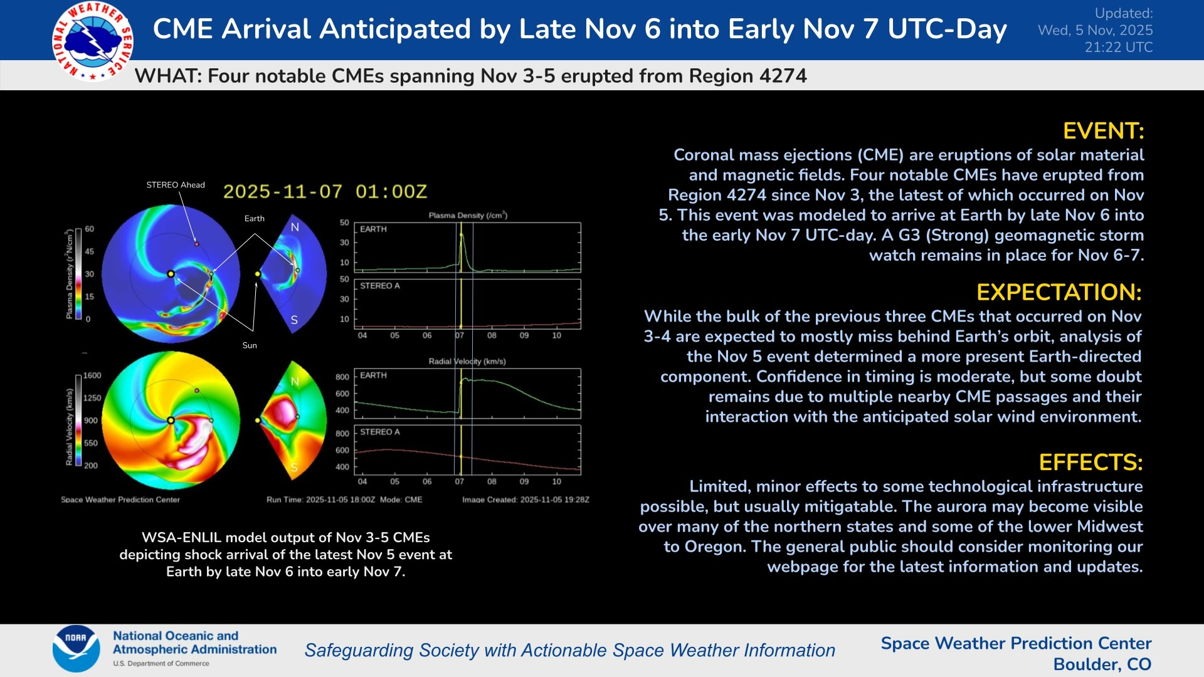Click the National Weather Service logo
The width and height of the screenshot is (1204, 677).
[x=93, y=41]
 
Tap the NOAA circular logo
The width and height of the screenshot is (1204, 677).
[x=76, y=648]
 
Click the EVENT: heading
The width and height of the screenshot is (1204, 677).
[x=1103, y=131]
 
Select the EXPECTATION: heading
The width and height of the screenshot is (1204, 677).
[x=1059, y=292]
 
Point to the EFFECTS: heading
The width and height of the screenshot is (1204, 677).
[x=1090, y=462]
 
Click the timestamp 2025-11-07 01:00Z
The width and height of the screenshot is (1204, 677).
[x=325, y=192]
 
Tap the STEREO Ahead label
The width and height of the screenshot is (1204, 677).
[x=176, y=185]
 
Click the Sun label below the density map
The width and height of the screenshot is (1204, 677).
[x=250, y=345]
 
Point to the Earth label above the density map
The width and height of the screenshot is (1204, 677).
[x=254, y=219]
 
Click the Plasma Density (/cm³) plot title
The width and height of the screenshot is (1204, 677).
[x=468, y=216]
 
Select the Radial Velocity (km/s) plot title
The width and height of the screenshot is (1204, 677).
[x=467, y=362]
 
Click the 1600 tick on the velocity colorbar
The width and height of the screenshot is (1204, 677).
[x=92, y=375]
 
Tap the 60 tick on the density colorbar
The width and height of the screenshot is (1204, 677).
[x=90, y=229]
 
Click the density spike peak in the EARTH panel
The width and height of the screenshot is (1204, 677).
[x=462, y=234]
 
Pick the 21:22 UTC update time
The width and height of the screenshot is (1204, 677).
[x=1119, y=47]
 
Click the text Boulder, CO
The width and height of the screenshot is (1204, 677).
[x=1102, y=664]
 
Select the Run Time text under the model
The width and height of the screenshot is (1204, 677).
[x=320, y=500]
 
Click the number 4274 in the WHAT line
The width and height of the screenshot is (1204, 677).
[x=783, y=76]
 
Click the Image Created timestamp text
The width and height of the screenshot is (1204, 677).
[x=525, y=500]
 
